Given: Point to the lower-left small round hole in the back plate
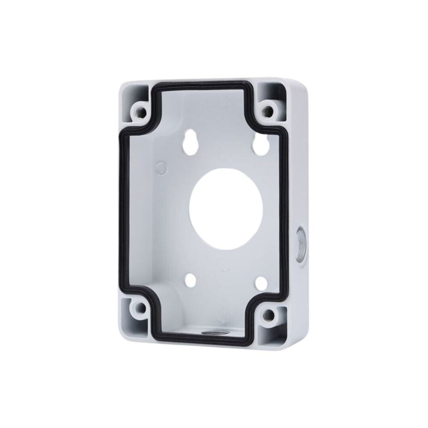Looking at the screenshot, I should point(191,281).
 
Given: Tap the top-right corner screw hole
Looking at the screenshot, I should point(268,110).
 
